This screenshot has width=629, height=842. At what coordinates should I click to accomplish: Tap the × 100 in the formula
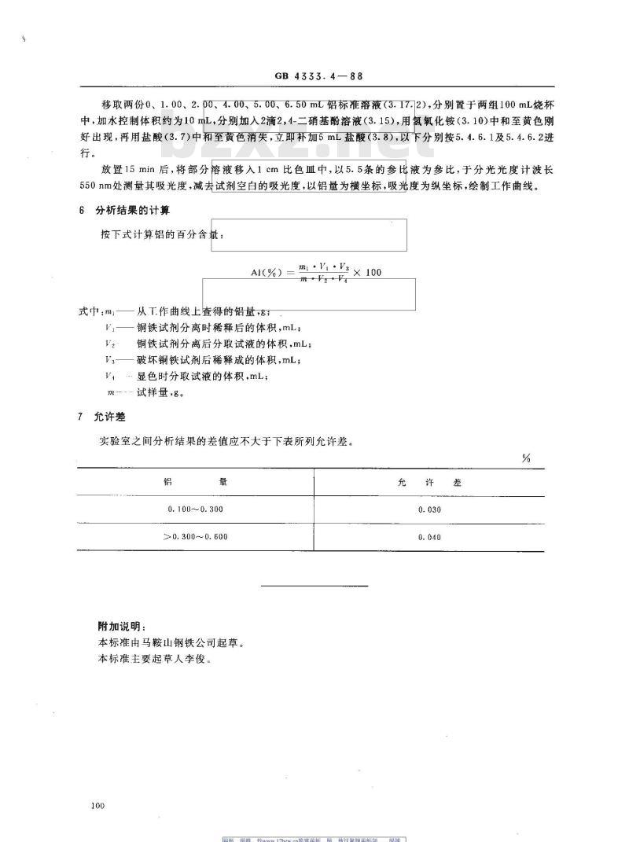(x=364, y=272)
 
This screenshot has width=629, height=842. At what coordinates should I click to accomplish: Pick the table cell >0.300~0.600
(x=196, y=538)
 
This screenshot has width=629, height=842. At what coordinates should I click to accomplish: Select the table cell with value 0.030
(x=430, y=510)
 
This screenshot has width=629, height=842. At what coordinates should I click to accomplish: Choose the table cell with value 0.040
(x=430, y=538)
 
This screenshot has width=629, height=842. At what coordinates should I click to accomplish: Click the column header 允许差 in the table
(x=429, y=480)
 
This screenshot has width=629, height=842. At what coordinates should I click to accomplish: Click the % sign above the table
(x=525, y=458)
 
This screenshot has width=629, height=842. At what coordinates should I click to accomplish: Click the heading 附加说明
(x=117, y=626)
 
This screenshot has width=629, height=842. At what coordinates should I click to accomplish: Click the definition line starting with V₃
(x=201, y=360)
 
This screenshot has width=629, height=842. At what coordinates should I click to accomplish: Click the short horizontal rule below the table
(x=314, y=586)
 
